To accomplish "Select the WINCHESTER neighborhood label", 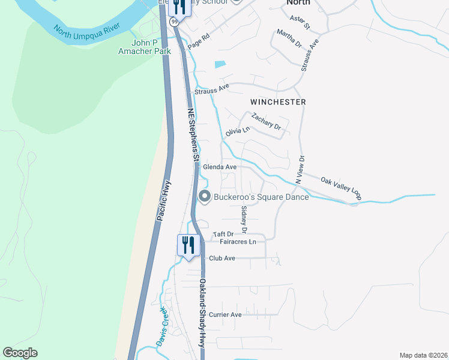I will (278, 102).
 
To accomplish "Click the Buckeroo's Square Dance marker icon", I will (205, 197).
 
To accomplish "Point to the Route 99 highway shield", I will (174, 22).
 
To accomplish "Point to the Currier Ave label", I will (225, 314).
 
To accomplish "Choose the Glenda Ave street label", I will (220, 167).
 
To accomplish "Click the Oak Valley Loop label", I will (341, 188).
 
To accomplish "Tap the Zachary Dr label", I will (267, 122).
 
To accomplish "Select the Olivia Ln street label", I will (237, 131).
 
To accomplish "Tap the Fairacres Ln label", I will (238, 242).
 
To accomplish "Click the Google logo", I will (20, 353).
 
